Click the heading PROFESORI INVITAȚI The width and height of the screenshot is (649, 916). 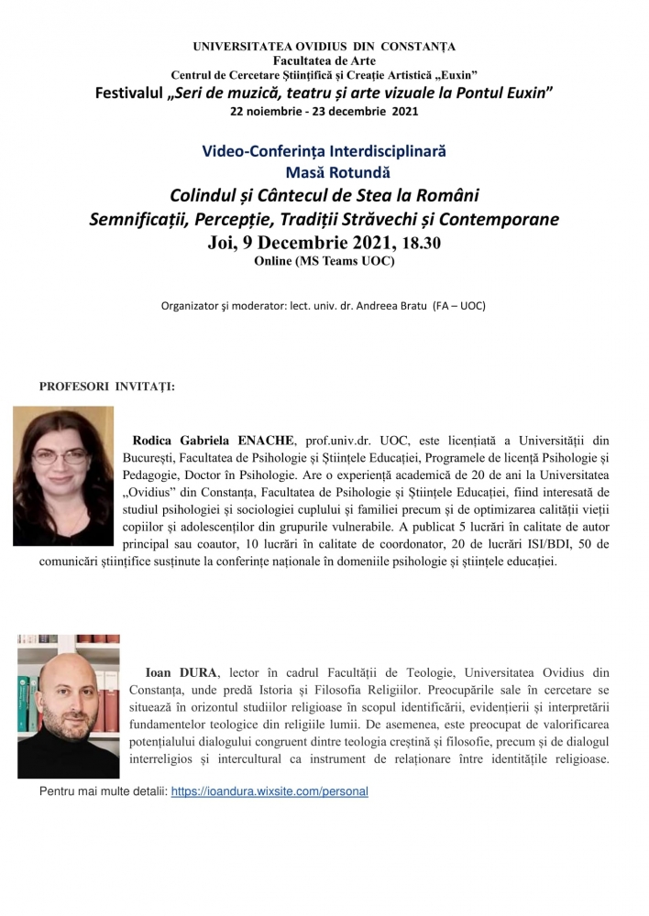106,386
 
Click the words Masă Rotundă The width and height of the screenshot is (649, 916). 325,171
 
